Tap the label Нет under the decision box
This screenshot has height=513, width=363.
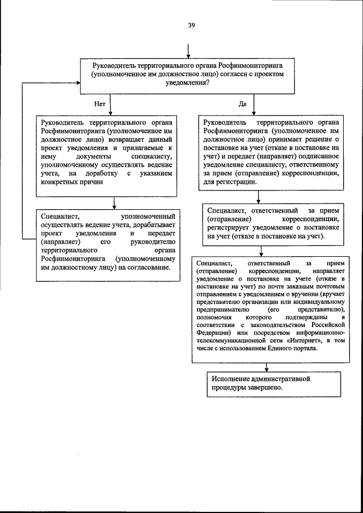tap(100, 104)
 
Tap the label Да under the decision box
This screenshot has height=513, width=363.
tap(243, 104)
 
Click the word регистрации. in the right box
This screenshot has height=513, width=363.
tap(235, 183)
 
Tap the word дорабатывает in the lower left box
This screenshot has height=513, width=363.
tap(150, 223)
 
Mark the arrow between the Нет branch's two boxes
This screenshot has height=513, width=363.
tap(115, 203)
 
